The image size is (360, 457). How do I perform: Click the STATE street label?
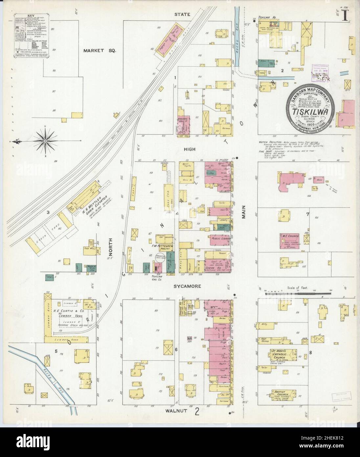point(190,14)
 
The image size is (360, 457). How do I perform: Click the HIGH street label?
point(190,149)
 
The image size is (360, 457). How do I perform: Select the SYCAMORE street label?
point(188,286)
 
